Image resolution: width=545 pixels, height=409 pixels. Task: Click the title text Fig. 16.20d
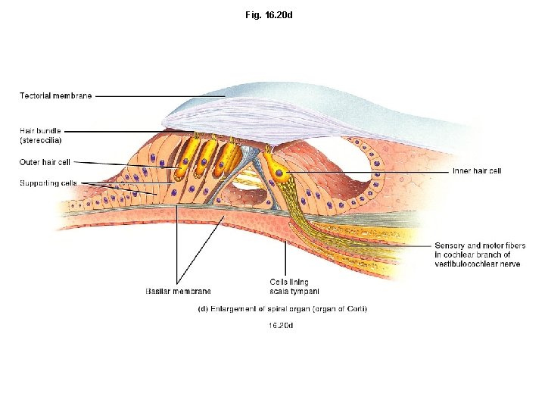coord(273,14)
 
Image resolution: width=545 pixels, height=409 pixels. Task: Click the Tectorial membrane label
coord(55,95)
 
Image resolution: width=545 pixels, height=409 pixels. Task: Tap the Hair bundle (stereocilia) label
coord(41,136)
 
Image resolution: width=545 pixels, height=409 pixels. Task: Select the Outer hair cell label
coord(45,162)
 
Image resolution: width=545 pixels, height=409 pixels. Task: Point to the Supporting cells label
coord(48,183)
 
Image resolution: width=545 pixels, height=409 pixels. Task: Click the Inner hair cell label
coord(476,171)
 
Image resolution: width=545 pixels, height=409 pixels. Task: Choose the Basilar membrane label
coord(178,291)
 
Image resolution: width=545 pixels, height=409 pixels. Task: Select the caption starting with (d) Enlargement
coord(282,309)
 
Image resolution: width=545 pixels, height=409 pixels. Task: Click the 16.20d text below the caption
coord(281,326)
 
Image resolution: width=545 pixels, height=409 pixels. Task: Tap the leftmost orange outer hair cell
coord(184,161)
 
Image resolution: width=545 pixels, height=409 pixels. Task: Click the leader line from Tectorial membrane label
coord(159,96)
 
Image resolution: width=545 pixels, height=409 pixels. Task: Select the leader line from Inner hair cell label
coord(371,172)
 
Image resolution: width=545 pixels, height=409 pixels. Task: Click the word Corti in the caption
coord(355,309)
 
